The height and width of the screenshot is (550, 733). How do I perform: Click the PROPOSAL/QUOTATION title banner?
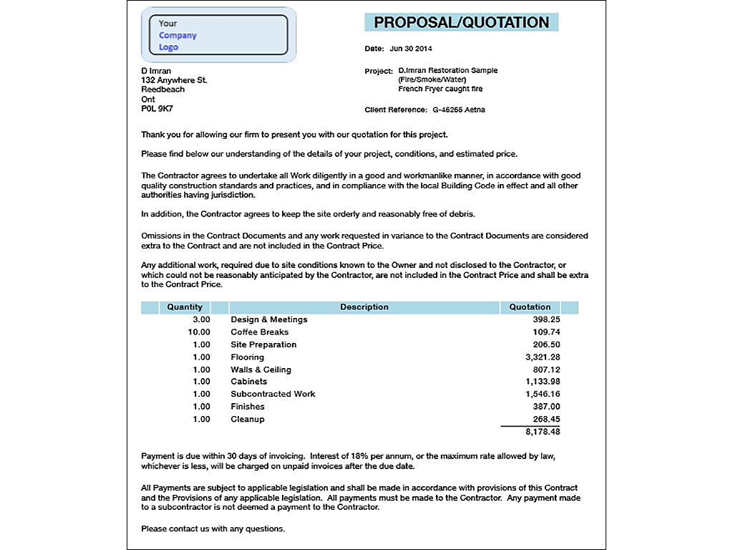(461, 22)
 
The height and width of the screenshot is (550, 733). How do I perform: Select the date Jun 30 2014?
(411, 49)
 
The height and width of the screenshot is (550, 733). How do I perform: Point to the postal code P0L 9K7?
(157, 109)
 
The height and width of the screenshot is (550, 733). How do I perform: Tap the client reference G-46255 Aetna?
(459, 110)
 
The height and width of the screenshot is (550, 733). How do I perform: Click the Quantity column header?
(185, 307)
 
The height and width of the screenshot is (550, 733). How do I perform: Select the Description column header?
(364, 307)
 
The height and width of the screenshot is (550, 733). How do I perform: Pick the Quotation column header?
(530, 307)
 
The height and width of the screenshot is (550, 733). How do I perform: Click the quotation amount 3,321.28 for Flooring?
(542, 357)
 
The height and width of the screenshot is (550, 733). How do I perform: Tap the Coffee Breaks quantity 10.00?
(199, 332)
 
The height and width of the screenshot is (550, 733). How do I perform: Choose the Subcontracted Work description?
(273, 394)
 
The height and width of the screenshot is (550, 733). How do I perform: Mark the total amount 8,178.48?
(542, 432)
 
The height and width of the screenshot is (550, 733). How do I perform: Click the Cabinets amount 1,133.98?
(542, 382)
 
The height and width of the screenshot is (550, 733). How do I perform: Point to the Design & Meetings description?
(268, 319)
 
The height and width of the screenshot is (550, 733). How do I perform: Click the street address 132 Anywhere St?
(174, 80)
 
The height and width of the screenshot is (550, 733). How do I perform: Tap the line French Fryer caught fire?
(440, 90)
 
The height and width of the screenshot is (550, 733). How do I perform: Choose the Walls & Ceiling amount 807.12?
(546, 370)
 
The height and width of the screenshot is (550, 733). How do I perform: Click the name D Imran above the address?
(156, 71)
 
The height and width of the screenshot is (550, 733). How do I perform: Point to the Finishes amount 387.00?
(546, 407)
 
